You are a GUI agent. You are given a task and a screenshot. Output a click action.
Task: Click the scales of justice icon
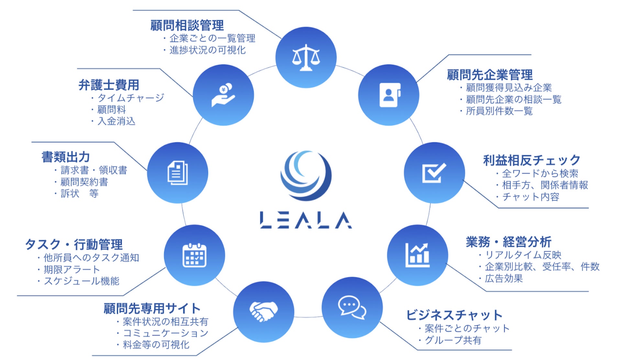click(306, 58)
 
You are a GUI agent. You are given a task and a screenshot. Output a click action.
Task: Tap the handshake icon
click(263, 311)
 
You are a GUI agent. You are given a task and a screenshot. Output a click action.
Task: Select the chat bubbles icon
click(352, 307)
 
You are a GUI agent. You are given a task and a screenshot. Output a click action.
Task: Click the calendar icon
click(194, 255)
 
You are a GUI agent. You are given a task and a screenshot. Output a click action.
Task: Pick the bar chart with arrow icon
click(417, 255)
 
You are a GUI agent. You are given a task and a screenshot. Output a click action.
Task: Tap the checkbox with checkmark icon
click(434, 173)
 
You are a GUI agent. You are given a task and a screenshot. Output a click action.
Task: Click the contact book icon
click(390, 95)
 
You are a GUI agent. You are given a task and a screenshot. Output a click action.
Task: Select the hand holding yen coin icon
click(223, 95)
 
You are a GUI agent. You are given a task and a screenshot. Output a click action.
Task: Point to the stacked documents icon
click(178, 173)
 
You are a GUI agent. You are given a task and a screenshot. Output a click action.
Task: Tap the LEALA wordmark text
click(306, 220)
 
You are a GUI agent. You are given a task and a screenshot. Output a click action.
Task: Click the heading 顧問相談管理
click(187, 25)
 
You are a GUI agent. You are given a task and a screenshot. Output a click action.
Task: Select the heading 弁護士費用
click(109, 85)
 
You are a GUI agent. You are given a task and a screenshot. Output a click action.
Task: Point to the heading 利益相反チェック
click(532, 160)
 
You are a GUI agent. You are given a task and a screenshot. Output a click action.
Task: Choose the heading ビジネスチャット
click(454, 315)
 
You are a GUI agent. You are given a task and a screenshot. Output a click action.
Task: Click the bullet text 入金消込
click(116, 121)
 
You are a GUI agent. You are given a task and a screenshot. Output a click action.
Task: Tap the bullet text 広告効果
click(504, 278)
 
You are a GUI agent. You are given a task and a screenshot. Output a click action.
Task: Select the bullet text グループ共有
click(453, 340)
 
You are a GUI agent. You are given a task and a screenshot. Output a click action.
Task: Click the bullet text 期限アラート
click(72, 269)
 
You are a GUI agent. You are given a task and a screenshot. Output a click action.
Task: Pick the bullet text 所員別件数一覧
click(499, 111)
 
